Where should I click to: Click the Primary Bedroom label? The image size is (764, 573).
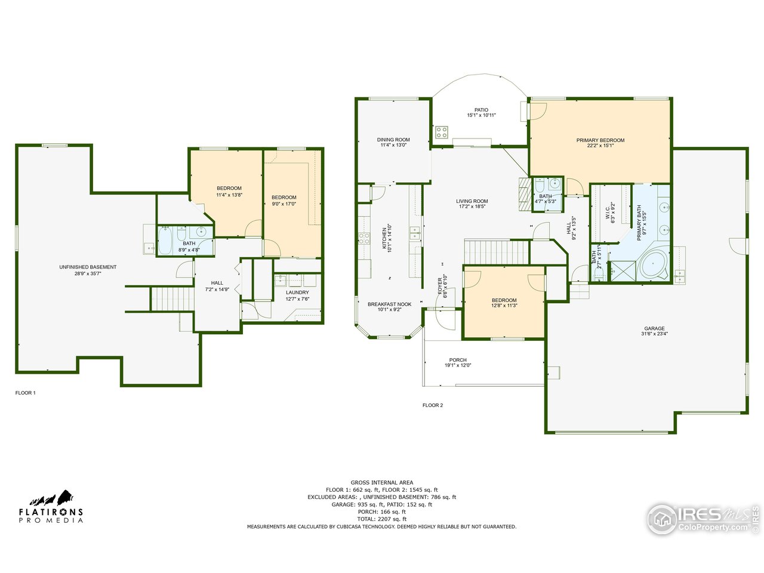pos(600,140)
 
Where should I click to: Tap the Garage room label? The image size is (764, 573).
pos(654,328)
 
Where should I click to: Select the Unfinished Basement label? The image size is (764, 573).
pos(88,267)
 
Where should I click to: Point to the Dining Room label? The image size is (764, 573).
pos(393,140)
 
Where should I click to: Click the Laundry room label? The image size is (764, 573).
pos(297,292)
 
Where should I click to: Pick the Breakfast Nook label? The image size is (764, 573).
pos(389,304)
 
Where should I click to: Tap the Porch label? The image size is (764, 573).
pos(458,360)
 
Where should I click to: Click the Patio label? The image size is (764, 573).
pos(481,110)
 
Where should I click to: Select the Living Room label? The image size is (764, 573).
pos(472,201)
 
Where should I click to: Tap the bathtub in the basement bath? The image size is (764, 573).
pos(165,242)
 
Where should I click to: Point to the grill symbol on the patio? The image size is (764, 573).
pos(441,133)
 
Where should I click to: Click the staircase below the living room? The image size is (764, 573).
pos(496,252)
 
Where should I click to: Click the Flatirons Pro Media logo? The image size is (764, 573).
pos(51,507)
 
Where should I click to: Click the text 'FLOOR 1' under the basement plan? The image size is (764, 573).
pos(26,393)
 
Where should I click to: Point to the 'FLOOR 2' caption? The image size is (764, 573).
pos(433,405)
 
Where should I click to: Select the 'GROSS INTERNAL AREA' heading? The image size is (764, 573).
pos(381,482)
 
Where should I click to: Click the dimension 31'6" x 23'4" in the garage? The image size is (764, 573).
pos(654,334)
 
